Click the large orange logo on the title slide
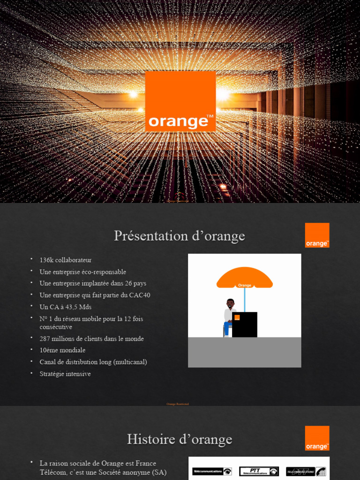pyautogui.click(x=180, y=101)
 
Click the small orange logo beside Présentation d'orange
pyautogui.click(x=317, y=235)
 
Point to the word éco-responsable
pyautogui.click(x=101, y=272)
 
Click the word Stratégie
pyautogui.click(x=52, y=374)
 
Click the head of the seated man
pyautogui.click(x=230, y=303)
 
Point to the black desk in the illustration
pyautogui.click(x=245, y=324)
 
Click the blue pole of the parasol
pyautogui.click(x=244, y=300)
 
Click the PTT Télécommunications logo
pyautogui.click(x=259, y=471)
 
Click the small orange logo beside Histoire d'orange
pyautogui.click(x=317, y=438)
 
